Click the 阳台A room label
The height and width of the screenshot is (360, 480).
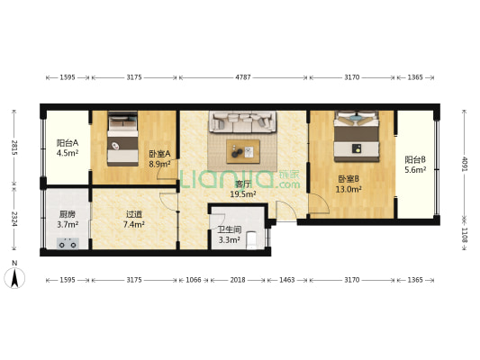tap(68, 148)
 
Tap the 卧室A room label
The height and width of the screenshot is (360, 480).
tap(159, 158)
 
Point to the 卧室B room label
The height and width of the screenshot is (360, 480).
tap(349, 184)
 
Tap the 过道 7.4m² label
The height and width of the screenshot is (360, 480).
tap(133, 219)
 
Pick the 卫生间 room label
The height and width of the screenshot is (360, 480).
tap(229, 235)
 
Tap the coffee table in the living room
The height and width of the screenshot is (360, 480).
tap(243, 150)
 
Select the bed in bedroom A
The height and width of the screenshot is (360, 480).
tap(120, 139)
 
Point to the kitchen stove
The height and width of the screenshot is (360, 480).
tap(68, 242)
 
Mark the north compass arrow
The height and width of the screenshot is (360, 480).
tap(14, 276)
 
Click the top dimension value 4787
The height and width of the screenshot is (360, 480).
tap(243, 78)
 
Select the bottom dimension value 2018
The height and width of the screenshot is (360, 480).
tap(238, 281)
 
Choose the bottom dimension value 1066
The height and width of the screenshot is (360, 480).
tap(193, 281)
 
